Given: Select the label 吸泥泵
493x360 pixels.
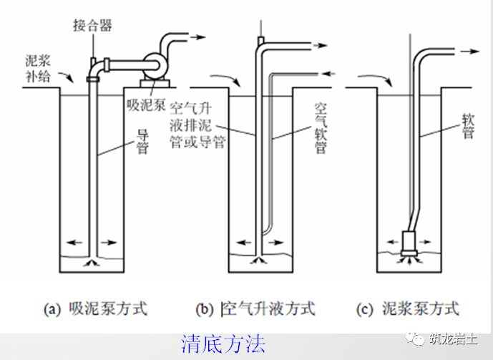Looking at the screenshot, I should (146, 105).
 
